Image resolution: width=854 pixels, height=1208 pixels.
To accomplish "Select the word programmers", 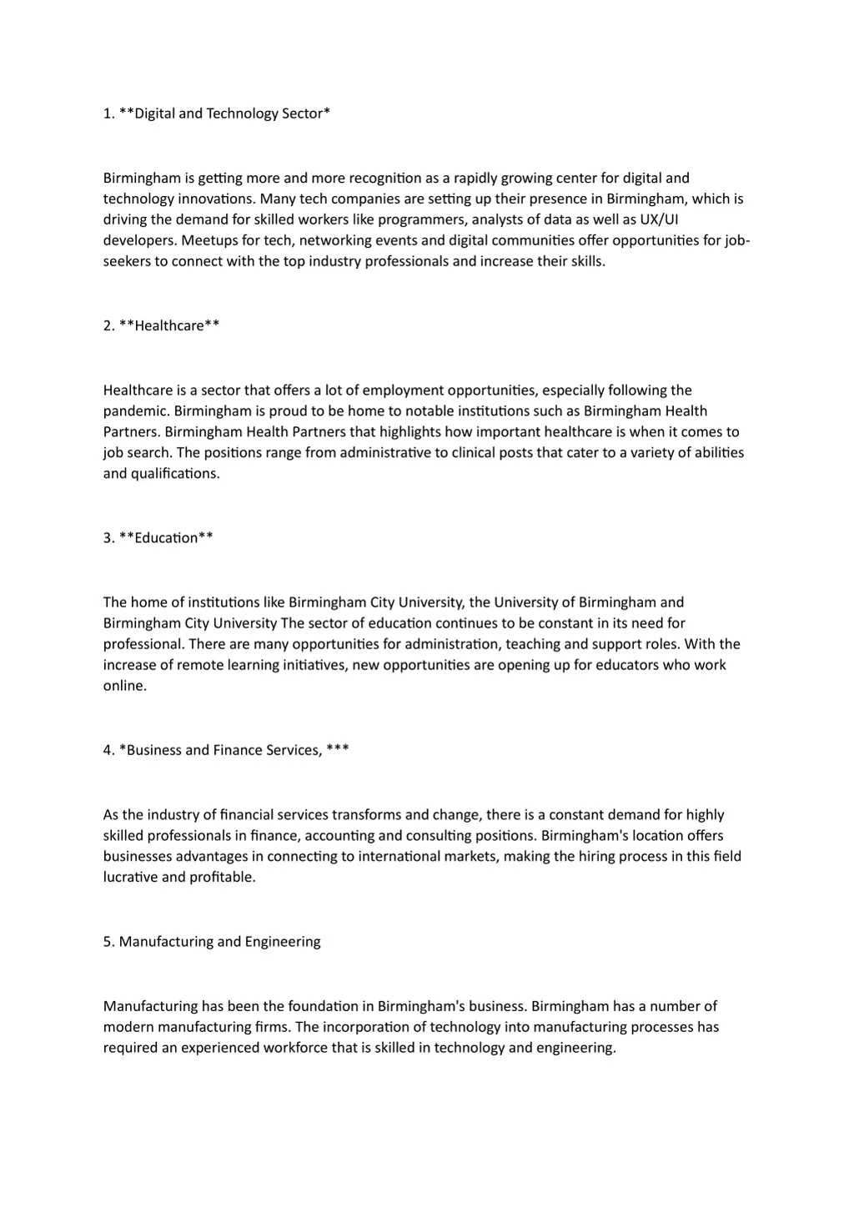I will point(422,220).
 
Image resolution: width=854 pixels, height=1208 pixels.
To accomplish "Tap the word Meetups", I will point(208,241).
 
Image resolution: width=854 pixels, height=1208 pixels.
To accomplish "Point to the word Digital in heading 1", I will point(154,113).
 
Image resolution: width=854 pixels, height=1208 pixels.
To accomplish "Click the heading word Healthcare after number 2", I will point(169,326).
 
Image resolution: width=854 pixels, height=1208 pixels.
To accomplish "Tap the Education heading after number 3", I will point(166,538).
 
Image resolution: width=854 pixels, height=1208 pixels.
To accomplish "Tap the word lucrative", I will point(130,878).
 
